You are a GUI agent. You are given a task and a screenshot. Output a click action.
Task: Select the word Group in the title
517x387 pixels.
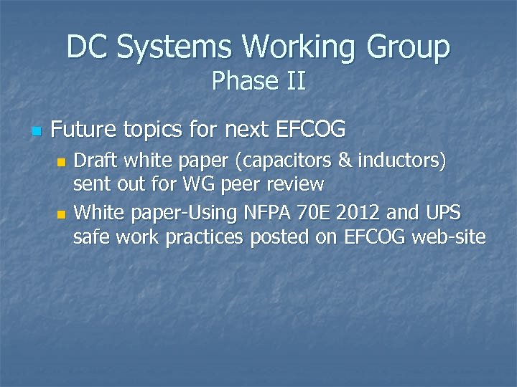pyautogui.click(x=409, y=47)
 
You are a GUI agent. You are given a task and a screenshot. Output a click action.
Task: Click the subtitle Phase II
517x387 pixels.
pyautogui.click(x=258, y=81)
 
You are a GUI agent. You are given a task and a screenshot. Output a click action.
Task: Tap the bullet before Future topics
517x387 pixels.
pyautogui.click(x=37, y=132)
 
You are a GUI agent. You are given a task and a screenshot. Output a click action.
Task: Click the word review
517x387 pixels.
pyautogui.click(x=296, y=184)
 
